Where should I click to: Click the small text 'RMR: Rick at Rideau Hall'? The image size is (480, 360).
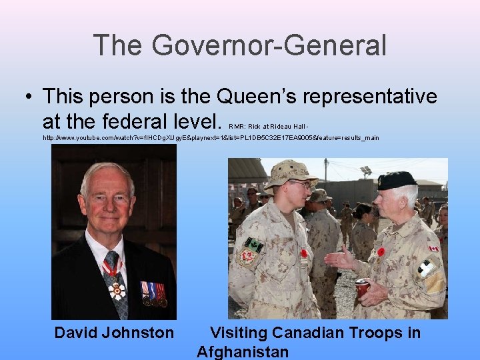click(x=269, y=125)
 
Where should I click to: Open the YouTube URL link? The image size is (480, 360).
click(x=211, y=137)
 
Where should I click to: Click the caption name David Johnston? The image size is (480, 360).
click(x=114, y=332)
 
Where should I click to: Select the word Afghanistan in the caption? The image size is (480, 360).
click(x=243, y=351)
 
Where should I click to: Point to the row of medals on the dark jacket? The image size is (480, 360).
click(x=153, y=293)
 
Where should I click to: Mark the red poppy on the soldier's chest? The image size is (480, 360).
click(x=304, y=253)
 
